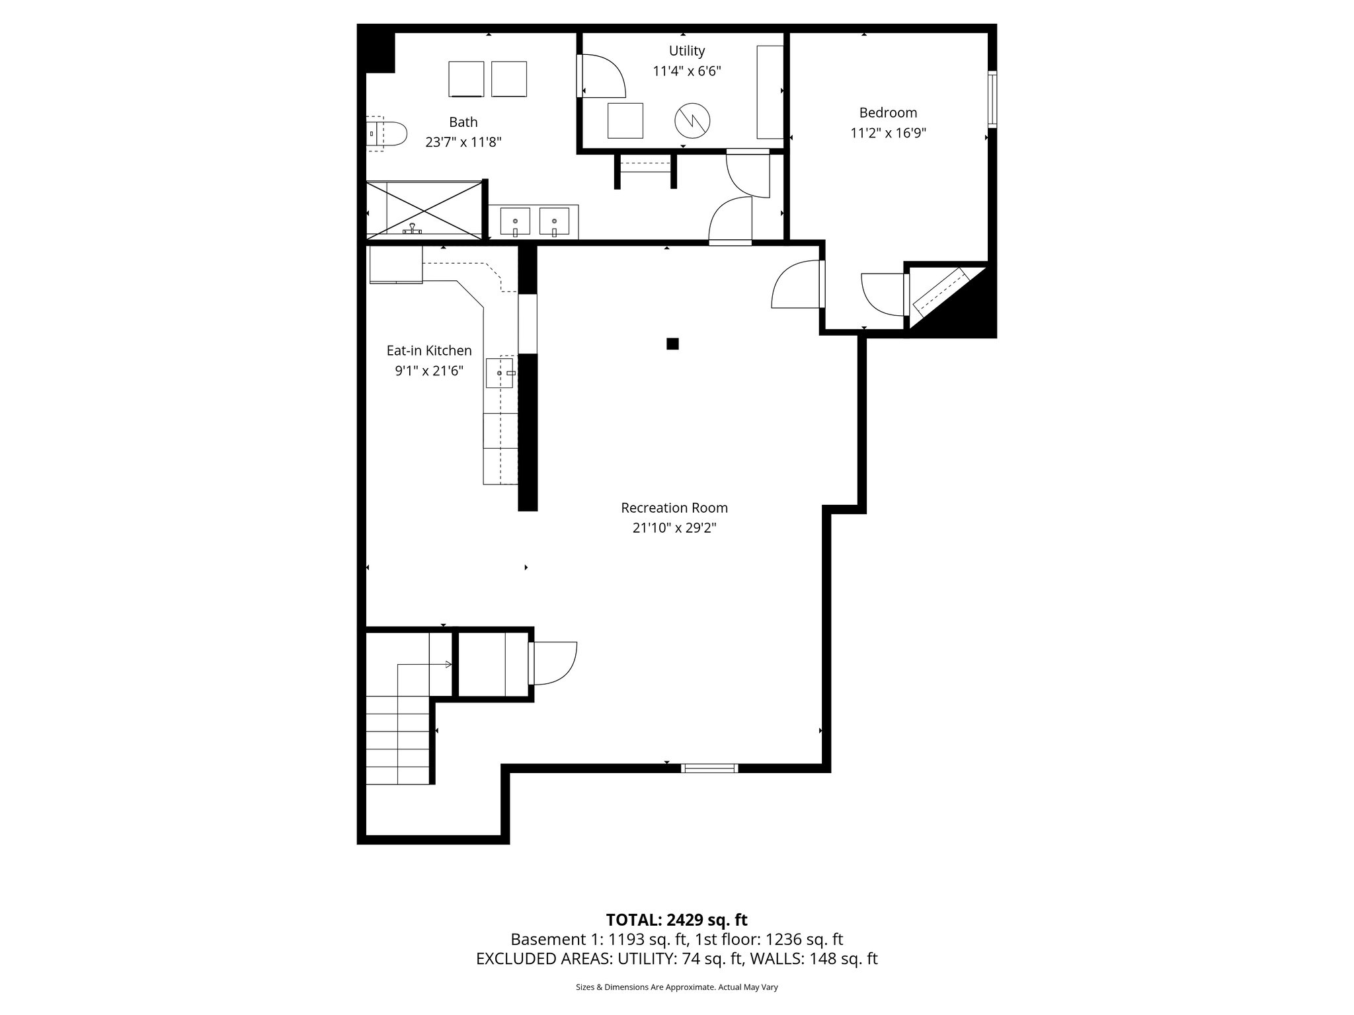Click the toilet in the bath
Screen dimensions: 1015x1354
(x=387, y=134)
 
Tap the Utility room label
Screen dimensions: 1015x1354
(x=686, y=51)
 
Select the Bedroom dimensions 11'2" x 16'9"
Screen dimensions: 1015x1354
(x=888, y=133)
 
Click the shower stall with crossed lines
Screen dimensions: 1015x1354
(x=424, y=209)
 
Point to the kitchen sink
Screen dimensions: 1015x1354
(x=500, y=373)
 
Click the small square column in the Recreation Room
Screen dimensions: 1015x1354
(x=672, y=344)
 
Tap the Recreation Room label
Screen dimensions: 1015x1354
(x=674, y=507)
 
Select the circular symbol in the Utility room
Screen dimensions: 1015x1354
(x=692, y=120)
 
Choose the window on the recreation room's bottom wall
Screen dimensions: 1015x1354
(x=709, y=768)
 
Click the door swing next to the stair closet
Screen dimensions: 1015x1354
(x=554, y=663)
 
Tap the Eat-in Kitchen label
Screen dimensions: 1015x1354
(x=429, y=350)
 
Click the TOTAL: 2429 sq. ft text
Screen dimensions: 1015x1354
(x=676, y=920)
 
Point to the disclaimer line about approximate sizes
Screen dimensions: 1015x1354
(x=676, y=987)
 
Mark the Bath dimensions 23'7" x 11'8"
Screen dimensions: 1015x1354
(x=463, y=142)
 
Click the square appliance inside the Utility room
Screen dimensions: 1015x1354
(x=625, y=120)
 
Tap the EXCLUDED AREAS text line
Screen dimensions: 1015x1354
(x=676, y=959)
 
